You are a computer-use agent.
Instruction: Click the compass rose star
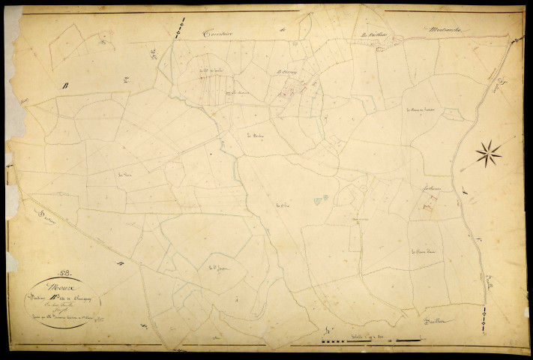(x=488, y=154)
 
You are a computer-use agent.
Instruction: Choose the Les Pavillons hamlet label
(x=371, y=34)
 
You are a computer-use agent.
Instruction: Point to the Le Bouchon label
(x=256, y=136)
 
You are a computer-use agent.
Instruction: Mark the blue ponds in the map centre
(x=321, y=199)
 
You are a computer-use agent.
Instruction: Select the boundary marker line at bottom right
(x=488, y=321)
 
